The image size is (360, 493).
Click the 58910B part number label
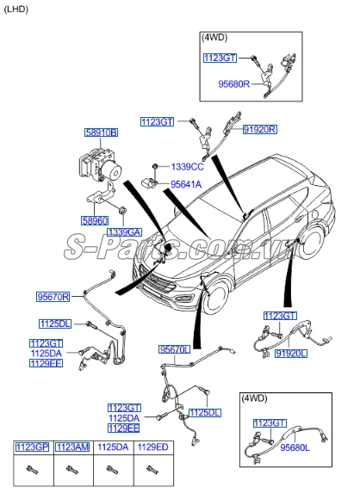tap(100, 132)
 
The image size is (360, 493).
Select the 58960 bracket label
tap(96, 220)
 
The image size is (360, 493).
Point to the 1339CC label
tap(187, 166)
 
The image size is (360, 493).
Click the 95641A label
tap(185, 183)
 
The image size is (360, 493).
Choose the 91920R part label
tap(259, 128)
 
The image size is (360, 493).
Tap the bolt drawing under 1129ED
tap(152, 470)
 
